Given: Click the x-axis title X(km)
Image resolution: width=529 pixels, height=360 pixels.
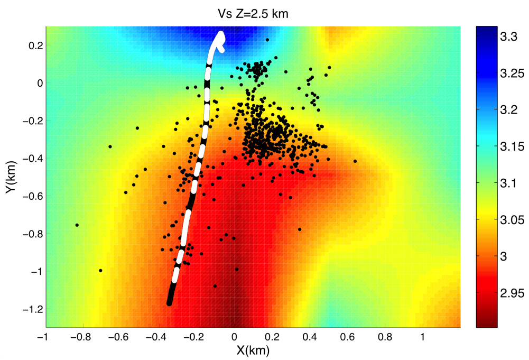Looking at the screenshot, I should pyautogui.click(x=253, y=349).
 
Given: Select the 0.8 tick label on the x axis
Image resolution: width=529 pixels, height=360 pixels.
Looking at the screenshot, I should pyautogui.click(x=385, y=336).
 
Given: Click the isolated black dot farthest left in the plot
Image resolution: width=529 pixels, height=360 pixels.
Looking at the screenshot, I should pyautogui.click(x=77, y=225).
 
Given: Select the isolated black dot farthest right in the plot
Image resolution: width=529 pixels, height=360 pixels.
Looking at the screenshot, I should pyautogui.click(x=355, y=161).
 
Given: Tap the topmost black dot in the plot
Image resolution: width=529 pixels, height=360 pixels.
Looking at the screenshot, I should pyautogui.click(x=267, y=40).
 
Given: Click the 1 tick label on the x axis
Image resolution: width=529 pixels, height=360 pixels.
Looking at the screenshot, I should pyautogui.click(x=422, y=336).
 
